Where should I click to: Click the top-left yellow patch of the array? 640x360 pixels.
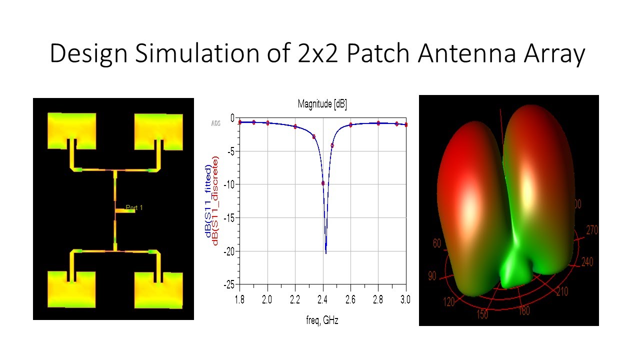pos(71,130)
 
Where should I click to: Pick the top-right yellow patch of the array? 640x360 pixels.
pos(159,130)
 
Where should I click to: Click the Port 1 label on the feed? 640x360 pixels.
pos(134,207)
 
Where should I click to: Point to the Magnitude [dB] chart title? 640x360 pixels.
pos(322,104)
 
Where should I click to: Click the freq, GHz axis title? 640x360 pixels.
pos(322,320)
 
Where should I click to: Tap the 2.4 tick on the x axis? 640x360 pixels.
pos(323,299)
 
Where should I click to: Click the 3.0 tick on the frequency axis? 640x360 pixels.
pos(405,299)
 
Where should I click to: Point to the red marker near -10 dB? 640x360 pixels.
pos(323,183)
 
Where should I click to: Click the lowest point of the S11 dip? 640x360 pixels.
pos(326,253)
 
